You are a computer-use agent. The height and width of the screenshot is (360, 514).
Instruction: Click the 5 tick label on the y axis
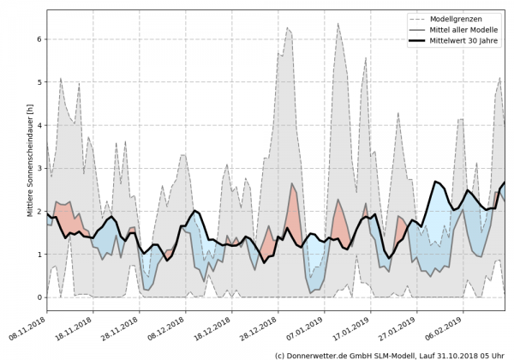pos(39,82)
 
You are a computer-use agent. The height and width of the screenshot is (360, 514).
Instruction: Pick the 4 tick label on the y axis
pos(39,125)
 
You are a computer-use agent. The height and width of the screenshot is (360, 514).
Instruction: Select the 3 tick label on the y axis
pos(39,168)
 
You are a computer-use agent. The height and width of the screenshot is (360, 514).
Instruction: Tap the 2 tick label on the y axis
pos(39,212)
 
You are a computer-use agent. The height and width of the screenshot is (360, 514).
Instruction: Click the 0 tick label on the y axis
pos(39,297)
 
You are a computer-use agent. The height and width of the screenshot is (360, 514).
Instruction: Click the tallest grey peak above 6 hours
pos(338,24)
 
